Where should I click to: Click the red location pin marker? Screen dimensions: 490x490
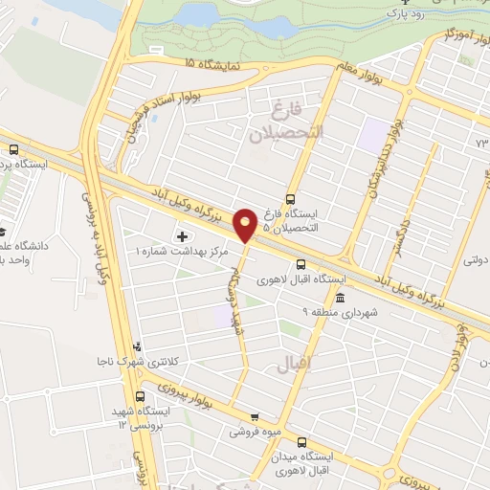pos(246,225)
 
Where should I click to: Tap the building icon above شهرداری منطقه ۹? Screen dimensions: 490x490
pos(342,299)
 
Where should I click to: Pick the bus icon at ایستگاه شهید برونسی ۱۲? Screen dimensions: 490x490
pos(141,395)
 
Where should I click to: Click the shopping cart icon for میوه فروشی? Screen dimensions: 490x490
pos(254,416)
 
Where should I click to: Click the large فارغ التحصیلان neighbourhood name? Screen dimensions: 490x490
pos(287,122)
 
